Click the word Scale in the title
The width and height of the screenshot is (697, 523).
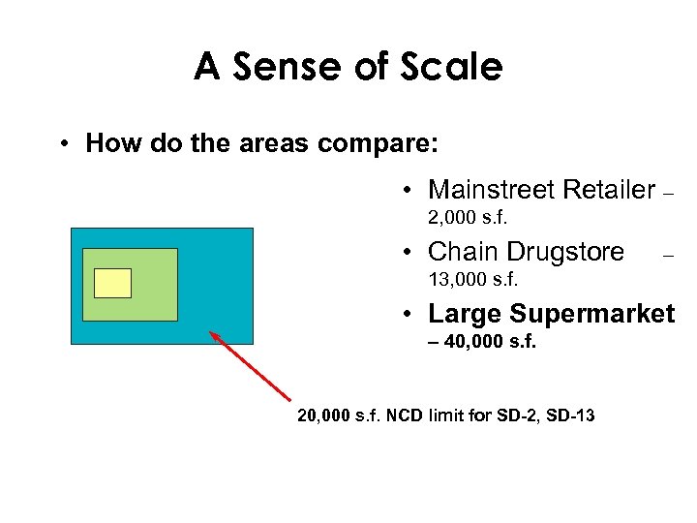(455, 68)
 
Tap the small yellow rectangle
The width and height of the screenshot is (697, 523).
(112, 283)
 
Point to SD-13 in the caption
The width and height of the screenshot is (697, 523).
(570, 416)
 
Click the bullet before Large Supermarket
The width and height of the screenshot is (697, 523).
(410, 315)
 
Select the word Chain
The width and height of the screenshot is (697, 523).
(459, 253)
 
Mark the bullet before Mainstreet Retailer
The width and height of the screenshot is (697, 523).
(410, 189)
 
